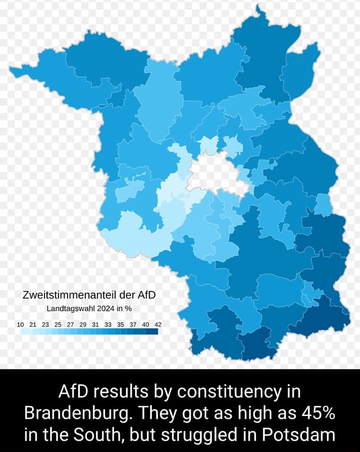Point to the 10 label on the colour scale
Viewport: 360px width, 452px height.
[21, 324]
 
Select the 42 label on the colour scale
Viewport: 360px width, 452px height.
[157, 324]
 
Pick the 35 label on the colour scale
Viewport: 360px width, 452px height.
[120, 324]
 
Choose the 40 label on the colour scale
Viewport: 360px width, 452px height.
[146, 324]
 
